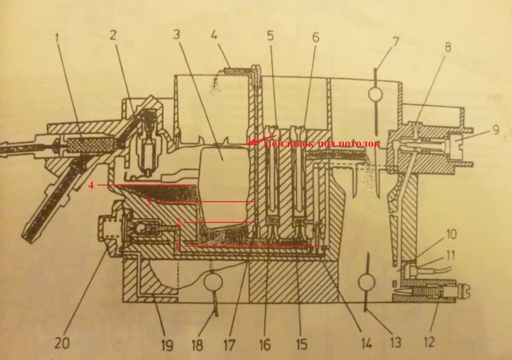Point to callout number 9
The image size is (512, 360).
point(496,130)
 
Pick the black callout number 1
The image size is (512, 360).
point(57,38)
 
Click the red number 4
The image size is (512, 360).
point(91,185)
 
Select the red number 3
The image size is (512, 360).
point(149,202)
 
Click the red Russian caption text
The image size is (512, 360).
point(322,144)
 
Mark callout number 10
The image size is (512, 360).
point(452,235)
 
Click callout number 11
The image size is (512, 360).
point(452,254)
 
